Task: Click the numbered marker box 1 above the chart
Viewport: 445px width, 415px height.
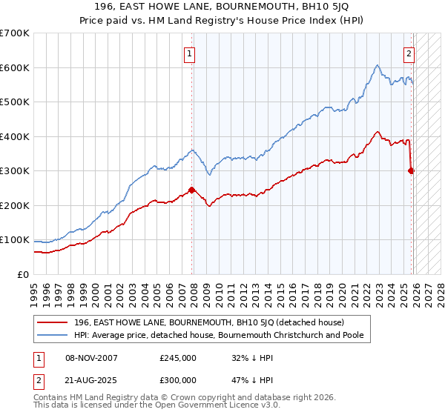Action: (191, 53)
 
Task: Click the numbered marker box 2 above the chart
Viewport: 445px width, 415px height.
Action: (409, 53)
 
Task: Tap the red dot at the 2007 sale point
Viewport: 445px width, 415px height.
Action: (192, 190)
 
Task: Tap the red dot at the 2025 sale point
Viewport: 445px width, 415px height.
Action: (412, 170)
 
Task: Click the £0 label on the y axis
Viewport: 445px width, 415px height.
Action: (22, 274)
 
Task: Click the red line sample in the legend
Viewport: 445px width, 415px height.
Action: (53, 322)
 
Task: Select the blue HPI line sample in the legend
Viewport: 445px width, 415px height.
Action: (53, 336)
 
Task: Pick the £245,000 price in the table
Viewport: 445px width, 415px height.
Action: (178, 358)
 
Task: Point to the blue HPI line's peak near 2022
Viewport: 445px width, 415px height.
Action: (377, 66)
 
